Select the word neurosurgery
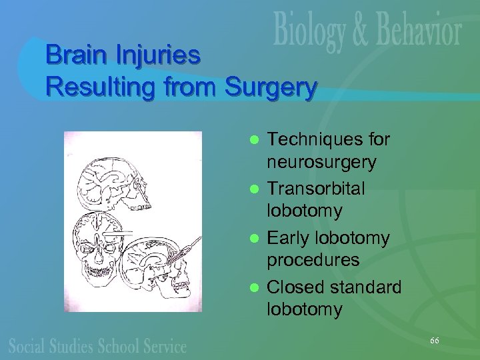321,162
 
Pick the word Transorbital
316,189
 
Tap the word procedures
313,261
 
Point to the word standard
365,287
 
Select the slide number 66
434,341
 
